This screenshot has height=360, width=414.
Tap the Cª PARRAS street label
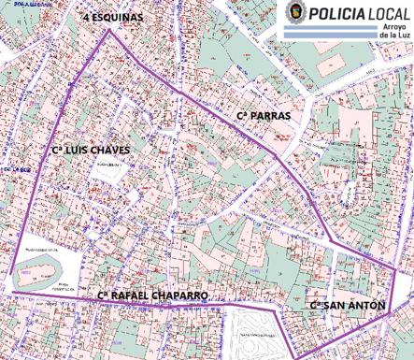point(264,116)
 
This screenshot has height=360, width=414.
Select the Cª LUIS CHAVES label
point(91,150)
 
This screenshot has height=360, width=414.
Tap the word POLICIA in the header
point(339,15)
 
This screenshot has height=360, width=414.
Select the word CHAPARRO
point(184,295)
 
